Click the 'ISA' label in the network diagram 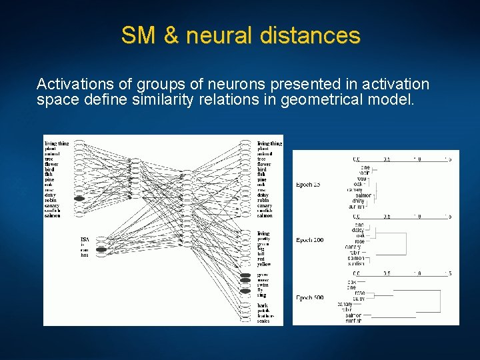pos(84,239)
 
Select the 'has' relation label pos(84,255)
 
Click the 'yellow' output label pos(265,264)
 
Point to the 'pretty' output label pos(265,239)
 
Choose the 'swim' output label pos(263,285)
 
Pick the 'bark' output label pos(263,305)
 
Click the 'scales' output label pos(264,321)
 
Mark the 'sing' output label pos(262,295)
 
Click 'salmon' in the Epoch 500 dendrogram pos(353,315)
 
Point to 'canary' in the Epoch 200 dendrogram pos(353,247)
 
